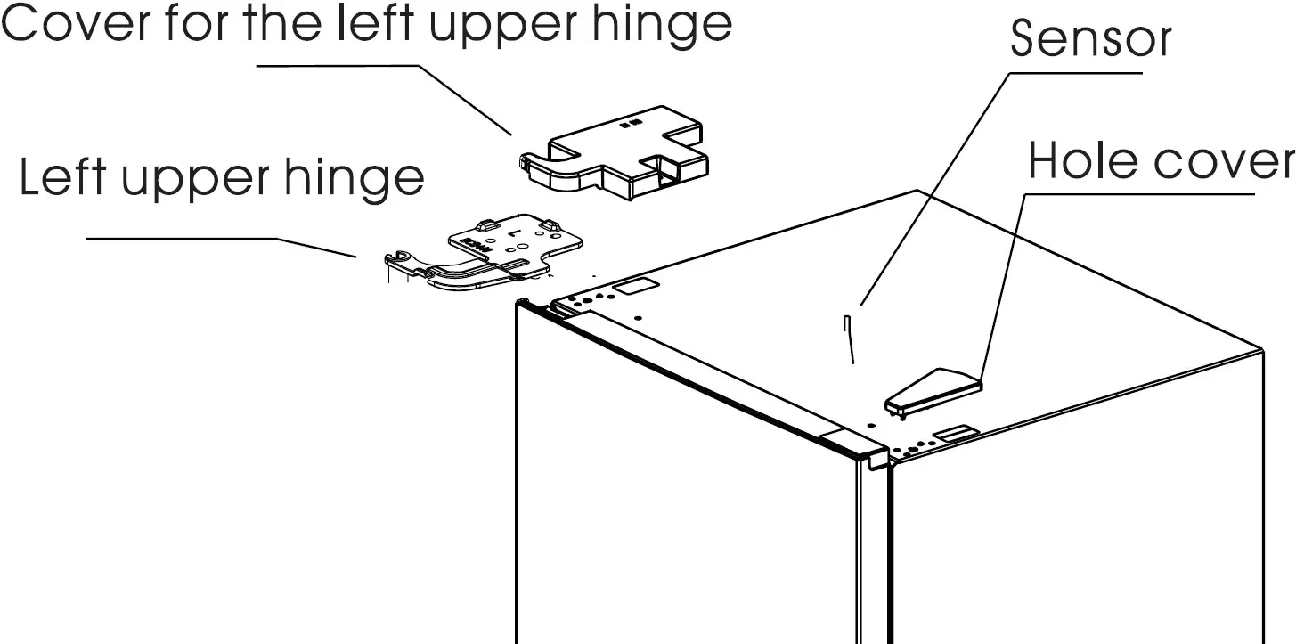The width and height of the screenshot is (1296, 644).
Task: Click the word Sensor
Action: pos(1091,39)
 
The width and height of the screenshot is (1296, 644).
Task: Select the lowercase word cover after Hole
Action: pos(1224,161)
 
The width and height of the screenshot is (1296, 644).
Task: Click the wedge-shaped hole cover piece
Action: pos(932,390)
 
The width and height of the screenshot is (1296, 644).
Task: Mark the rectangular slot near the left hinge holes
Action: pos(635,286)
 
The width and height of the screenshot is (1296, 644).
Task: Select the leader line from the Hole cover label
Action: pos(1002,285)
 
